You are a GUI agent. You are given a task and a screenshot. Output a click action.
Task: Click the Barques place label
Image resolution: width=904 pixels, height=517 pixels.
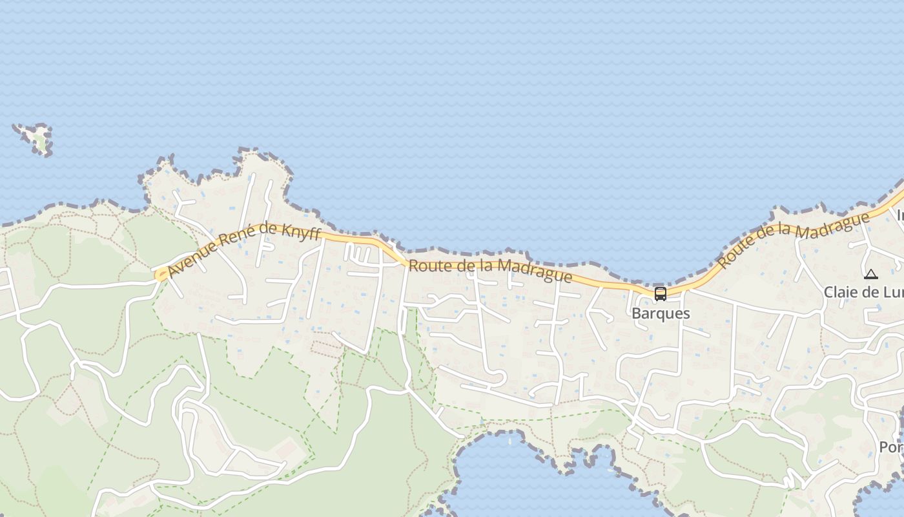pos(661,313)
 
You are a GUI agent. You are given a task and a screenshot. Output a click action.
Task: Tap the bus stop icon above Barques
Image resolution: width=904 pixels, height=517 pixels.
pos(660,294)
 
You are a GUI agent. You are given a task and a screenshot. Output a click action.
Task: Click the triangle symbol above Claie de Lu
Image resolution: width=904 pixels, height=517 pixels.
pos(871,275)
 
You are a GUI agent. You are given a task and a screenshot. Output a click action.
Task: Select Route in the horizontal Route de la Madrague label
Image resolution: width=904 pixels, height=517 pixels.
pos(427,266)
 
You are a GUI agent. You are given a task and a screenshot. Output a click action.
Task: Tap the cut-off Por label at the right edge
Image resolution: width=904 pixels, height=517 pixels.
pos(891,447)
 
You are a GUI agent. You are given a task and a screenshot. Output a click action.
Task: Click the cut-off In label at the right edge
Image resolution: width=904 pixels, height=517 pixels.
pos(899,216)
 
